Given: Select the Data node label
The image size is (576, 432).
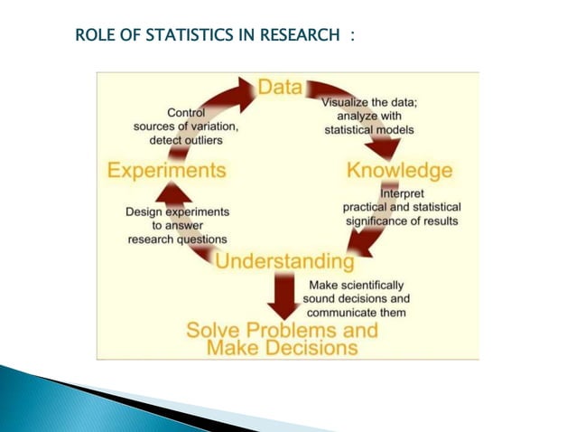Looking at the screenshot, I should tap(283, 88).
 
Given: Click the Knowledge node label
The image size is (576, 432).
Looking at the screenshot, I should tap(400, 171).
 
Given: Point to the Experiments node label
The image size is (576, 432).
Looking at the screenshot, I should tap(166, 170).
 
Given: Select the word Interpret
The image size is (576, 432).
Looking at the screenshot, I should tap(402, 193).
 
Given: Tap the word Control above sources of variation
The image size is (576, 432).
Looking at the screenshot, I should tap(186, 112).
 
